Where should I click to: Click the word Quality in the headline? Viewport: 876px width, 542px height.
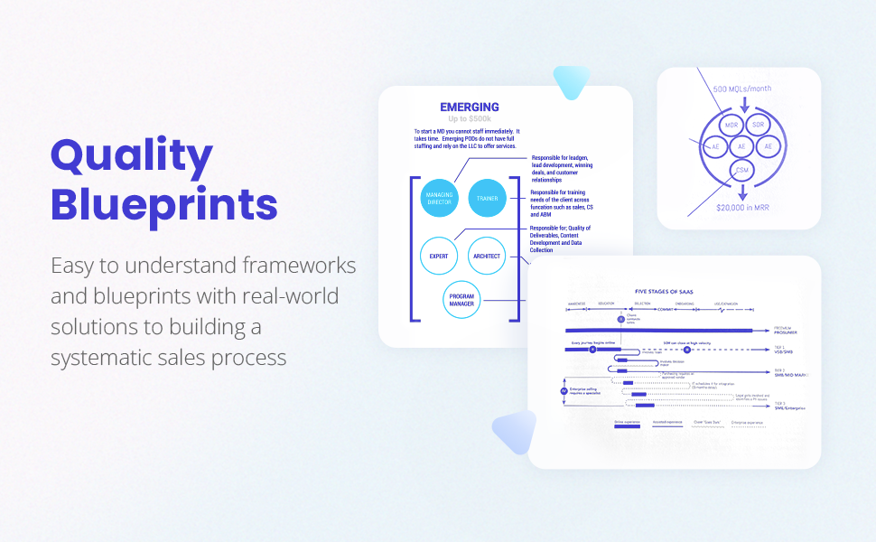tap(132, 156)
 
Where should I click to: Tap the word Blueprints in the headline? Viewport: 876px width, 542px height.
tap(163, 204)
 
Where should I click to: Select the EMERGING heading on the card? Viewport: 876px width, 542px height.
tap(469, 107)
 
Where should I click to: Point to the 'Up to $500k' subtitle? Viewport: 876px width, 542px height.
tap(470, 119)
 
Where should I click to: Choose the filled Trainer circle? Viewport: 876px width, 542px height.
tap(488, 198)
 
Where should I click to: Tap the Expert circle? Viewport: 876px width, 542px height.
tap(439, 257)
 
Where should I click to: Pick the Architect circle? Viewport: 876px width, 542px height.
tap(487, 257)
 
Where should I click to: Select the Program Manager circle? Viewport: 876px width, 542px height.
tap(462, 301)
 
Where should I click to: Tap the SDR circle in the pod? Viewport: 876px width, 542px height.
tap(758, 125)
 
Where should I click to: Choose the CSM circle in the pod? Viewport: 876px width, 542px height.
tap(741, 170)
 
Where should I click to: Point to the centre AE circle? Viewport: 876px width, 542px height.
tap(741, 146)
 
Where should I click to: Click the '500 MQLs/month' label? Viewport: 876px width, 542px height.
tap(743, 89)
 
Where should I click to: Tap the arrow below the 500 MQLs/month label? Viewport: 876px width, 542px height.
tap(744, 106)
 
